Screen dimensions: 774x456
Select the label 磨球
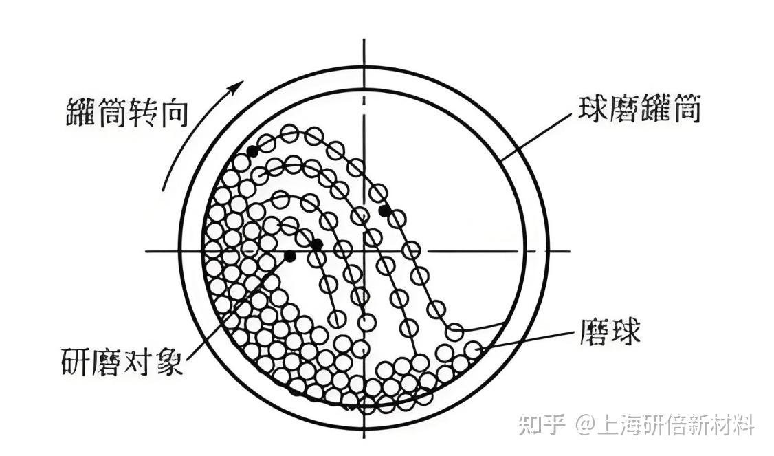pyautogui.click(x=610, y=333)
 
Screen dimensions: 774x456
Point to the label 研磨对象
pyautogui.click(x=122, y=360)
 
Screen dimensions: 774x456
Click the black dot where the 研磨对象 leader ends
pyautogui.click(x=290, y=257)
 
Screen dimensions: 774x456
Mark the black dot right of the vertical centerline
pyautogui.click(x=384, y=210)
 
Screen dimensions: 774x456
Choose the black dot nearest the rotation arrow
pyautogui.click(x=253, y=151)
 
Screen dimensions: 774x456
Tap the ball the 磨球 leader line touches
pyautogui.click(x=472, y=350)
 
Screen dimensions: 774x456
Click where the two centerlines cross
pyautogui.click(x=364, y=250)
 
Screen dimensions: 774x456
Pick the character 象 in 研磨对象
pyautogui.click(x=170, y=360)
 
